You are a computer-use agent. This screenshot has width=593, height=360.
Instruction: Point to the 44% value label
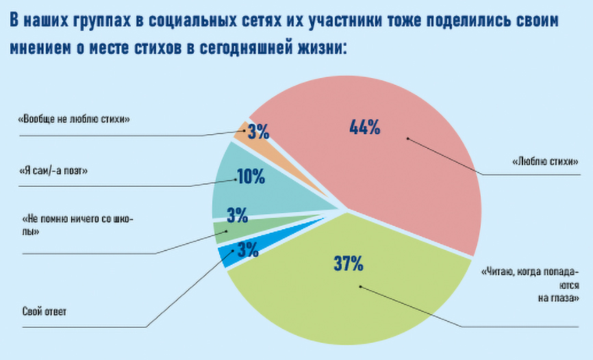click(364, 127)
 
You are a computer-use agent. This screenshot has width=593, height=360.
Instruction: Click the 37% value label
click(348, 263)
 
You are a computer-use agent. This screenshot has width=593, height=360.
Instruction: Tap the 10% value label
click(251, 178)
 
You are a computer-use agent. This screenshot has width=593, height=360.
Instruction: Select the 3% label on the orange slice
click(259, 131)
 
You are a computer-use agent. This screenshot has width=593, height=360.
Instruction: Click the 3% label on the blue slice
click(249, 250)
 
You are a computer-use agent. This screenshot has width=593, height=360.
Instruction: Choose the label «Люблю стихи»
click(545, 162)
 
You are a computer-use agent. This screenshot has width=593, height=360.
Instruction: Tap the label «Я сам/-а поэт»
click(55, 170)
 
